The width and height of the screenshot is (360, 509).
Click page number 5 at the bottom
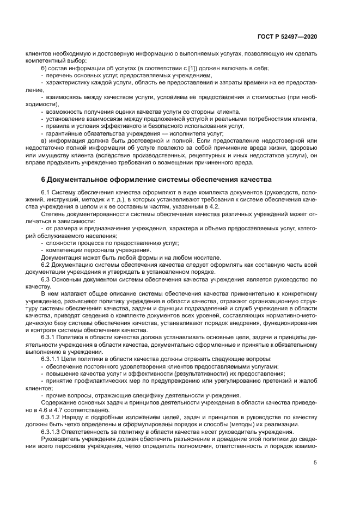315,463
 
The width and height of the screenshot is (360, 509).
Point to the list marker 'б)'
44,68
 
